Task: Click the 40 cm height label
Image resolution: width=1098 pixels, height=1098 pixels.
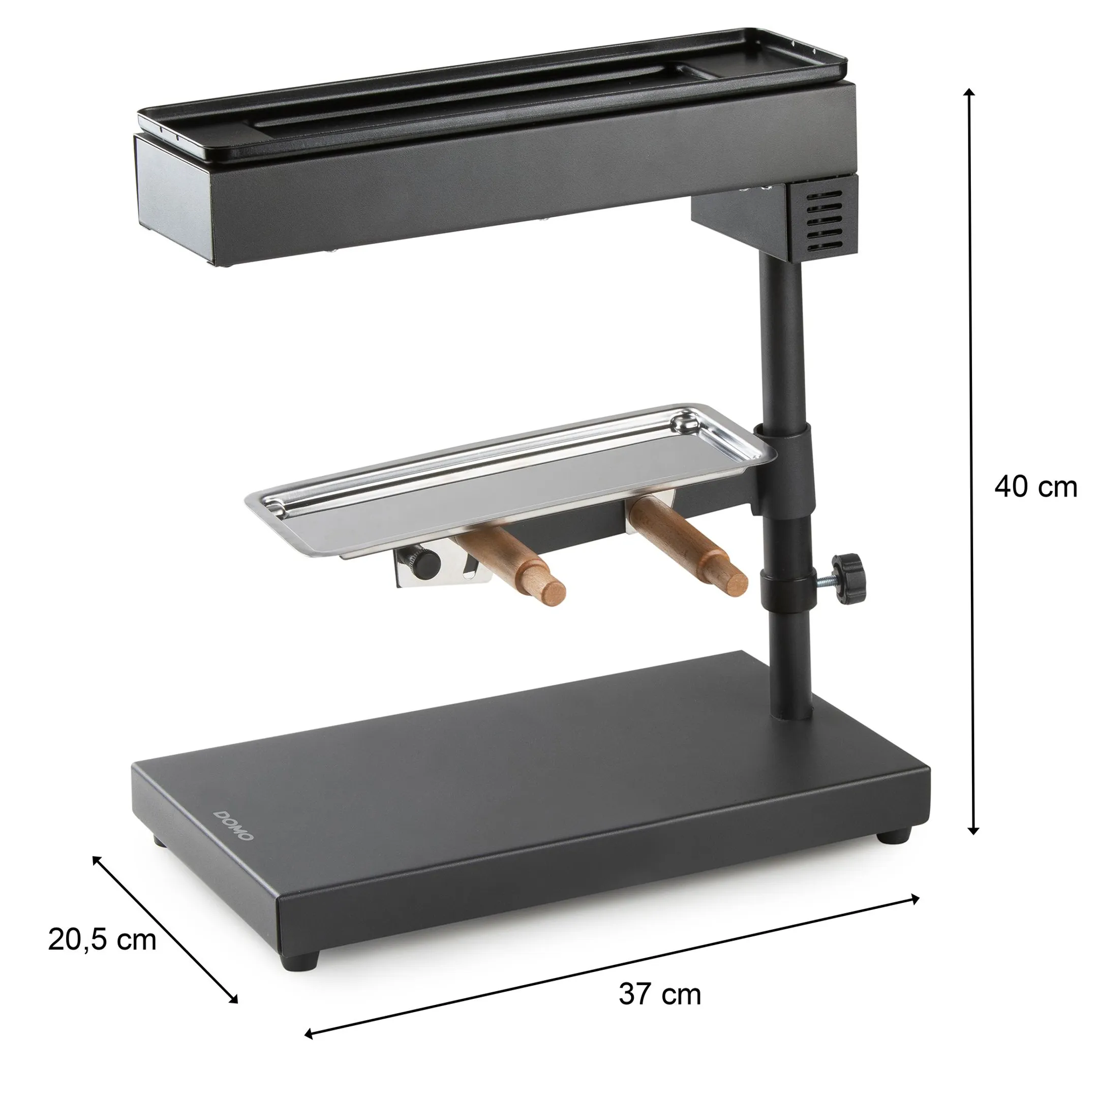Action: point(1035,487)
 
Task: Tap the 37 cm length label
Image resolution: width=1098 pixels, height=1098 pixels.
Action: point(660,994)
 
